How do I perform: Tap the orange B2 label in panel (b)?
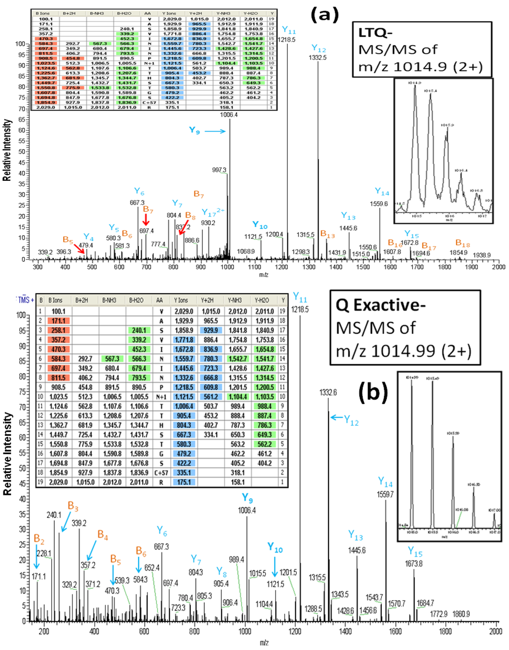(39, 539)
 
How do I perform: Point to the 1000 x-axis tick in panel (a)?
(228, 267)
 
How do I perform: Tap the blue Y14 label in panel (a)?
(382, 192)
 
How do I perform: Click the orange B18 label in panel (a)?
(462, 243)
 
